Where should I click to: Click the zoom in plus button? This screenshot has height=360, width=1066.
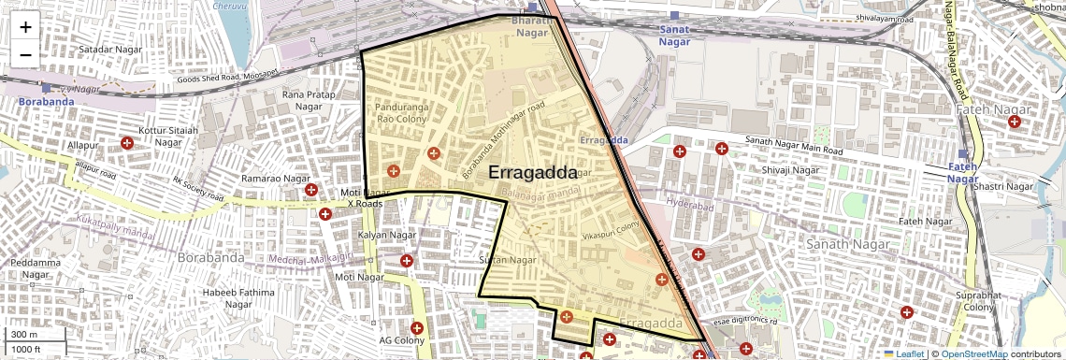[x=25, y=27]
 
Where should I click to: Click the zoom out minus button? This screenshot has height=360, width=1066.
[x=25, y=55]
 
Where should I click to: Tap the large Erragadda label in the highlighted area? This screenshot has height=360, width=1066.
[x=532, y=173]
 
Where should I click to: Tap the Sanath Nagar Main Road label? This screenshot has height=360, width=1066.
[x=795, y=145]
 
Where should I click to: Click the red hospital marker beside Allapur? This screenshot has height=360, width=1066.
[x=127, y=143]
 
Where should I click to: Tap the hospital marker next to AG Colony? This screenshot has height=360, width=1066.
[x=417, y=328]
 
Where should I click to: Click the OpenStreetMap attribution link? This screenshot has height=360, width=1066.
[x=973, y=353]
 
